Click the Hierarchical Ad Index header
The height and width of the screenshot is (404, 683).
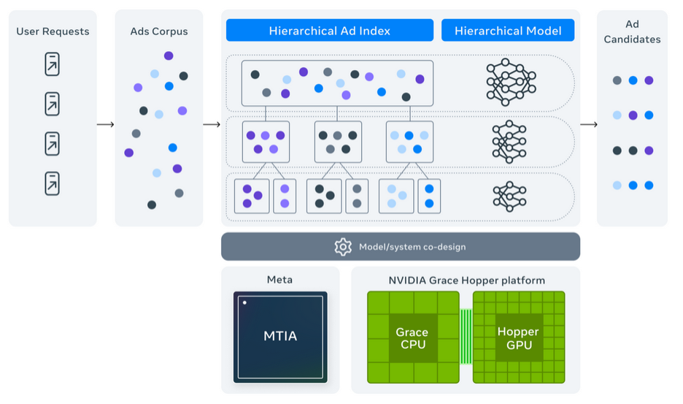(329, 31)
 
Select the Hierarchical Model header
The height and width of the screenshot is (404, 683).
(508, 31)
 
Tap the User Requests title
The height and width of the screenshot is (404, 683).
(53, 31)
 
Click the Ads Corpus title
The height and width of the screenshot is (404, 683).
(159, 31)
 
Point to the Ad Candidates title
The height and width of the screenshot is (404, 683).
(632, 31)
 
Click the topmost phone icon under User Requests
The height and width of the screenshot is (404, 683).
(53, 64)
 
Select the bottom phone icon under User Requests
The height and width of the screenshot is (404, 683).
(53, 183)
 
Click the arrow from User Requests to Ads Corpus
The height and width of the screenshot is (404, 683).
(106, 124)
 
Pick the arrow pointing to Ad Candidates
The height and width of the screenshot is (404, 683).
(588, 124)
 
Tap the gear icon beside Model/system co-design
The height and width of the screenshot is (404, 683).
(343, 247)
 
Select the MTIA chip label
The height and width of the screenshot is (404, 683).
(280, 337)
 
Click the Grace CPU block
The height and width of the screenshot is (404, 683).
(412, 337)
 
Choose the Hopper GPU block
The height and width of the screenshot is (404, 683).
(518, 337)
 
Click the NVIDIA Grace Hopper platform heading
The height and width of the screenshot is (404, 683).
(466, 280)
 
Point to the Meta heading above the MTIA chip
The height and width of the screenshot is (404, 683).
(280, 280)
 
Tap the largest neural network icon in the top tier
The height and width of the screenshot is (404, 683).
(511, 81)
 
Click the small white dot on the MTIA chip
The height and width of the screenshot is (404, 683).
(245, 302)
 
